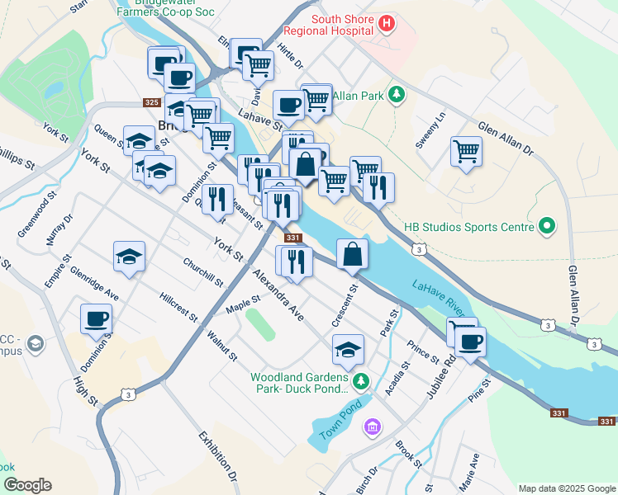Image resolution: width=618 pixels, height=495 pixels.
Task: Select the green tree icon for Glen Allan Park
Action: (397, 95)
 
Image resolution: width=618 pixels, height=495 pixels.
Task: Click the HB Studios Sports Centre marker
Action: (546, 225)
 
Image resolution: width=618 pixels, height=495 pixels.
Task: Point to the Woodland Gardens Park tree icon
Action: (359, 380)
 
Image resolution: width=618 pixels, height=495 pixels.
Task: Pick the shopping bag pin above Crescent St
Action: (353, 254)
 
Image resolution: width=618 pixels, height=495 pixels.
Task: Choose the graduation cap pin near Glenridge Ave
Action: (130, 257)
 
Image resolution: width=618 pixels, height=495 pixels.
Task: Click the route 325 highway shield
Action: (150, 102)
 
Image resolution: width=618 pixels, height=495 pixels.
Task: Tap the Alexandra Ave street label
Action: (278, 293)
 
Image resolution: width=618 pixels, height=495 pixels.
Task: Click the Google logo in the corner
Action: (27, 485)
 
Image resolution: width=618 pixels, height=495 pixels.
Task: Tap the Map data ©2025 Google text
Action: (566, 488)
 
